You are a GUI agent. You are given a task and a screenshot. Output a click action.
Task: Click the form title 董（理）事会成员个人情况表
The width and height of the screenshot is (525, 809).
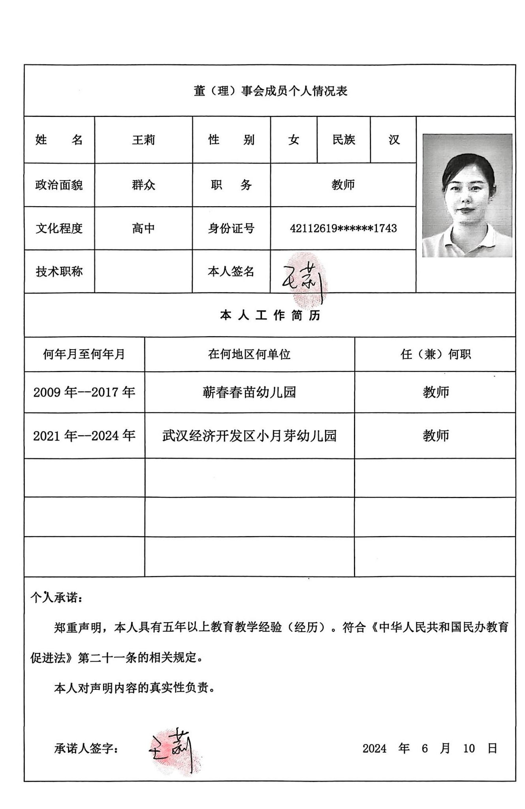point(270,91)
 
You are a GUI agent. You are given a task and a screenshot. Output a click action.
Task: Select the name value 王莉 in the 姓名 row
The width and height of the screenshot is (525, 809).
point(143,140)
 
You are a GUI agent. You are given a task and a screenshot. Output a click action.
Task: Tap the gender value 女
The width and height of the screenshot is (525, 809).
point(294,140)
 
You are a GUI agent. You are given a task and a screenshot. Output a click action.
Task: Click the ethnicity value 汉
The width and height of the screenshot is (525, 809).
point(393,140)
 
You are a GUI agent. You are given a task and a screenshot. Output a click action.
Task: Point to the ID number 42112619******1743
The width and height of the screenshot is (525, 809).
point(343,228)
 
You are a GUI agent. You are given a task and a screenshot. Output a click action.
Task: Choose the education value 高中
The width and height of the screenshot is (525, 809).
point(143,228)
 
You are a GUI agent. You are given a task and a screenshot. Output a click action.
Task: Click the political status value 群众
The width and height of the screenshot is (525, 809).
point(143,184)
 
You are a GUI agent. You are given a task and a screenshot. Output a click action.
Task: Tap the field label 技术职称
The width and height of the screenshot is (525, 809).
point(59,271)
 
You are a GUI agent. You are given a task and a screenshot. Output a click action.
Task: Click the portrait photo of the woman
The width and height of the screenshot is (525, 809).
point(467,196)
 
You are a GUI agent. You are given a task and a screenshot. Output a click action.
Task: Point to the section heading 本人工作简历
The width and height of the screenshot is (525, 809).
point(270,315)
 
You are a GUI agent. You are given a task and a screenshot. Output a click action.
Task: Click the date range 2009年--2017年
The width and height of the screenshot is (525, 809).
point(84,392)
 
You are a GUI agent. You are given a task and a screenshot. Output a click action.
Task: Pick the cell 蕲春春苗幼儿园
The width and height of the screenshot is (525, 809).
point(249,392)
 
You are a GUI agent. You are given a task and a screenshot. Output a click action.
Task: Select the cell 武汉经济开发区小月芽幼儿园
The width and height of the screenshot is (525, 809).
point(249,436)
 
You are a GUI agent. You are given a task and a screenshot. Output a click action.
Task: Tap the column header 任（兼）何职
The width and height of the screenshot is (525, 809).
point(435,354)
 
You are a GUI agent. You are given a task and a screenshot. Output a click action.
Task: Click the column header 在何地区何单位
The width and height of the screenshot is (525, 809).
point(249,354)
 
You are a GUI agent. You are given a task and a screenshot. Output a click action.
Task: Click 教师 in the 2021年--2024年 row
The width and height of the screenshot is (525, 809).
point(435,436)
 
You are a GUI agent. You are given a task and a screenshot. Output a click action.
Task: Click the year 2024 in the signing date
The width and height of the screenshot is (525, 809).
point(374,748)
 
